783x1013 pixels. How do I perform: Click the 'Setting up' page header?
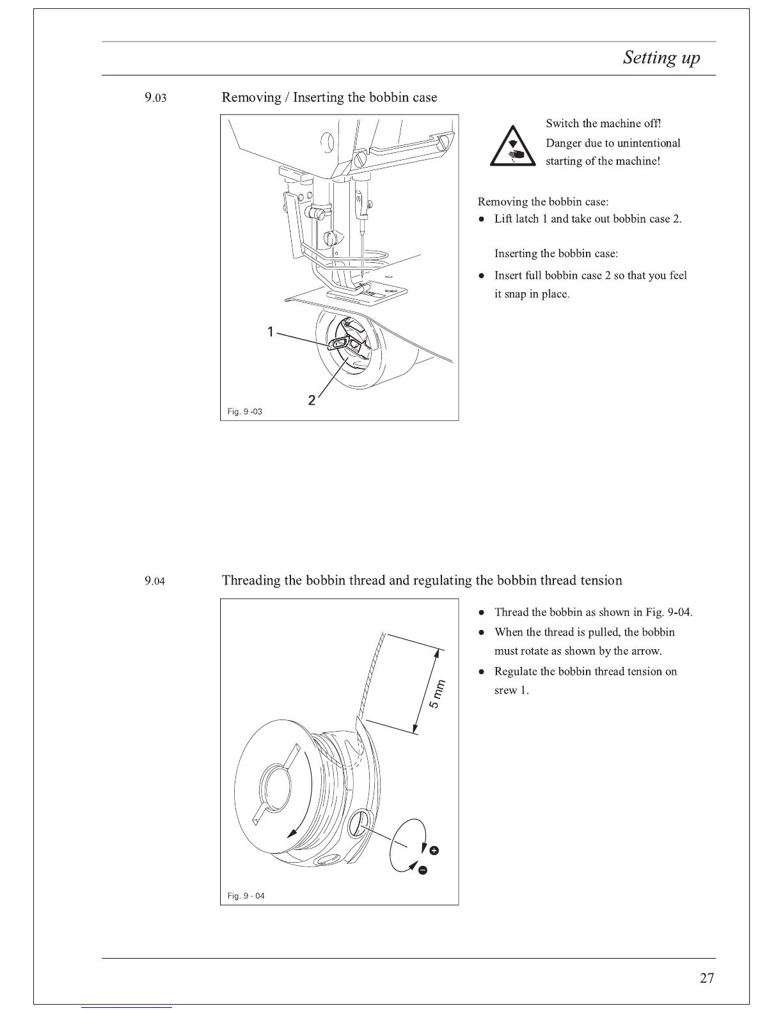(661, 58)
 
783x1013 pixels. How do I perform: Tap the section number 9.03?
(155, 98)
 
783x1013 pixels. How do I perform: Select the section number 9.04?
(155, 581)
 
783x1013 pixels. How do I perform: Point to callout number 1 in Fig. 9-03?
(271, 331)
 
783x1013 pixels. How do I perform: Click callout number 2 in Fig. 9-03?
(312, 400)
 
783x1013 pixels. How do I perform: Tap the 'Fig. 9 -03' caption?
(245, 412)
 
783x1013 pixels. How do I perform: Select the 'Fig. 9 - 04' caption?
(246, 896)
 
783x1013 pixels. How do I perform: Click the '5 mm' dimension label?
(435, 693)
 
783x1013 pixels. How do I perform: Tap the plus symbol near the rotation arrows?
(434, 850)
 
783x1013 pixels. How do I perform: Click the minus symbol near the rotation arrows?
(423, 870)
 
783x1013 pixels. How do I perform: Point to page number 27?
(707, 978)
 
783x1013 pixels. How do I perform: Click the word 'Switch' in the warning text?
(562, 123)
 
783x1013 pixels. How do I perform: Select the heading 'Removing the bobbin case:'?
(543, 202)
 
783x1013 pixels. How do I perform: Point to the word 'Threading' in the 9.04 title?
(251, 581)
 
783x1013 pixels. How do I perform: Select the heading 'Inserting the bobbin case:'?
(556, 254)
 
